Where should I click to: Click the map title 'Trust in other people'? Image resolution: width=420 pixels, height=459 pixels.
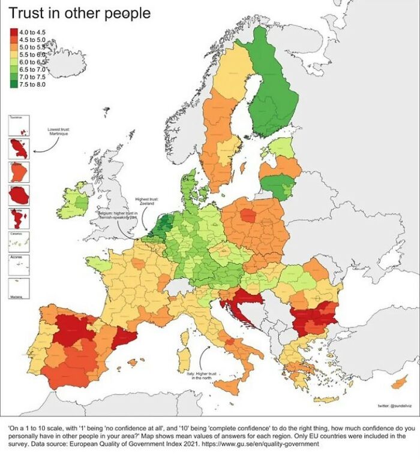[80, 13]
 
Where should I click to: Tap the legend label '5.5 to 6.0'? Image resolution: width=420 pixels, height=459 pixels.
[32, 54]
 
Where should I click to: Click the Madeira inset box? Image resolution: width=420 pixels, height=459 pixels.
[17, 288]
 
